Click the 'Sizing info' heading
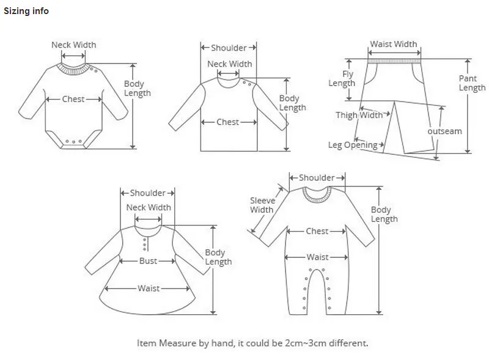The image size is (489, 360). tap(26, 11)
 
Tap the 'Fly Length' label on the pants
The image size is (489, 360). tap(342, 79)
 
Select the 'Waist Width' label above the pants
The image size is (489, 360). tap(394, 44)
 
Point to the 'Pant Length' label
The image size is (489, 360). tap(472, 83)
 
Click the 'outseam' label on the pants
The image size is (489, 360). tap(444, 131)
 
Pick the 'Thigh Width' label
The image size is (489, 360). tap(359, 115)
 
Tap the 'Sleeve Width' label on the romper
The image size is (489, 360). tap(262, 205)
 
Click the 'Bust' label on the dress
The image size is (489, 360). tap(148, 261)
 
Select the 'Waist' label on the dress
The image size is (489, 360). tap(149, 288)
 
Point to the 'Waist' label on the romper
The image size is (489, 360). tap(317, 257)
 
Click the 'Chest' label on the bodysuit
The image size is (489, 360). tap(73, 99)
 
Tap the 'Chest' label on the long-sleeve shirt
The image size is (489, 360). tap(228, 122)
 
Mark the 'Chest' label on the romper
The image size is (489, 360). tap(317, 231)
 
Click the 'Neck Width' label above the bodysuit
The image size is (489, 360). tap(73, 45)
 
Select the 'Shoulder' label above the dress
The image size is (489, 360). tap(148, 193)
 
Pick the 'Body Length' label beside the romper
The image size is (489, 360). tap(384, 215)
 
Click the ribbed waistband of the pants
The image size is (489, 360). tap(394, 61)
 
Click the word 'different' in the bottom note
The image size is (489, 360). tap(346, 343)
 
